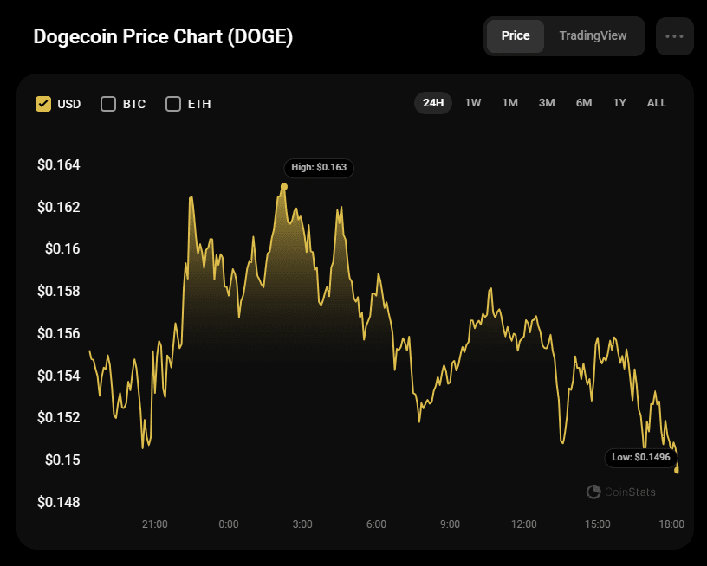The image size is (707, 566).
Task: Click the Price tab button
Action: [516, 36]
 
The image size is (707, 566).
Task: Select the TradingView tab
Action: [593, 36]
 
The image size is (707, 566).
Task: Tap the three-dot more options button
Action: [675, 36]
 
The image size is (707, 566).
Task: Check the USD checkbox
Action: [43, 104]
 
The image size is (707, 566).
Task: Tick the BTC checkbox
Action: [108, 104]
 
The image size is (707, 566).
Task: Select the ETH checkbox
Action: [173, 104]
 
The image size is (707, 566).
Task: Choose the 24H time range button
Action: [433, 103]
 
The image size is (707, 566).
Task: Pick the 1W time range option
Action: [473, 103]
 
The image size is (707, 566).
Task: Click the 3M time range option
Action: [547, 103]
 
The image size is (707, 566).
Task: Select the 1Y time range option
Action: [619, 103]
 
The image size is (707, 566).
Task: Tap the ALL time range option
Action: [657, 103]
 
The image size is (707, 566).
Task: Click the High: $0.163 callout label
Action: [319, 168]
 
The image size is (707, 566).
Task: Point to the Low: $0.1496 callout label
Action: [640, 457]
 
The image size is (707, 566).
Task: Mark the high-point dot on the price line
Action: [284, 186]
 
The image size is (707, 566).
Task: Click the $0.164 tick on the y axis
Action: [58, 164]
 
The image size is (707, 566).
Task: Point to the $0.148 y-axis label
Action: [58, 502]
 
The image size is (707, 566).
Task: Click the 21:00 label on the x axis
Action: [154, 524]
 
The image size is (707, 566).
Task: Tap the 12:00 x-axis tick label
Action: [524, 524]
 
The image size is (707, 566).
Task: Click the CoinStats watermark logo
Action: [593, 492]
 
